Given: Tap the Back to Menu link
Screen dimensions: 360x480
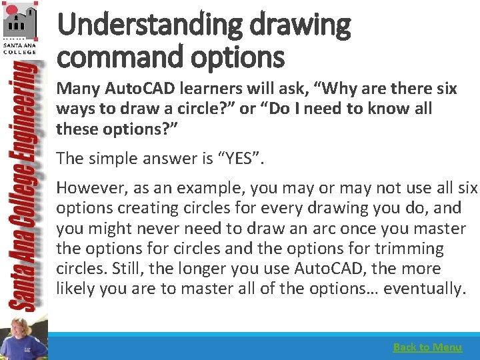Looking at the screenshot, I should pos(427,347).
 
